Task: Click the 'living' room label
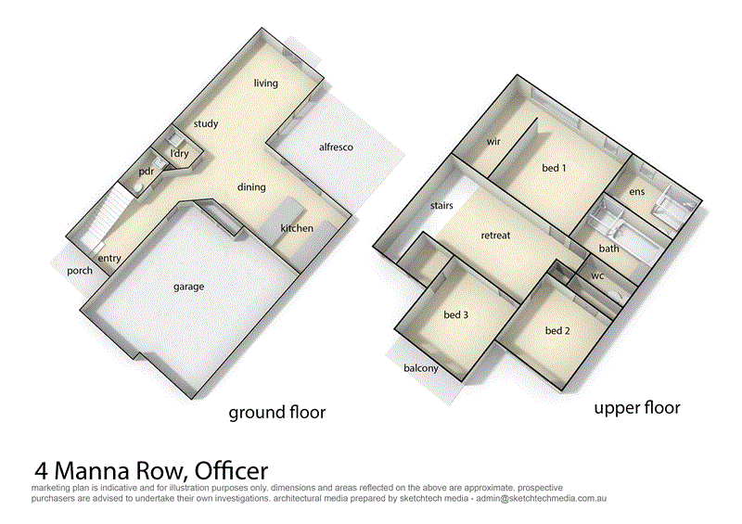(x=266, y=83)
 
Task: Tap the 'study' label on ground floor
(x=206, y=124)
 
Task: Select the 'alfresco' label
(x=336, y=147)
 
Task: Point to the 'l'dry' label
(x=179, y=153)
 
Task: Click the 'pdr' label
(x=146, y=172)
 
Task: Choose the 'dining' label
(x=251, y=186)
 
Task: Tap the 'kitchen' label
(x=298, y=228)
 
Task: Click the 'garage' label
(x=188, y=287)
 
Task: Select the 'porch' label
(x=80, y=272)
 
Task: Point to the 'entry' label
(x=109, y=259)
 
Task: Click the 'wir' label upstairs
(x=493, y=142)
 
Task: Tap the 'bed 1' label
(x=554, y=168)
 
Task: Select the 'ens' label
(x=636, y=192)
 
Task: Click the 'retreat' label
(x=495, y=236)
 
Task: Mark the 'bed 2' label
(x=556, y=331)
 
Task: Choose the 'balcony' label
(x=420, y=369)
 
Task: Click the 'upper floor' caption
(x=637, y=408)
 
